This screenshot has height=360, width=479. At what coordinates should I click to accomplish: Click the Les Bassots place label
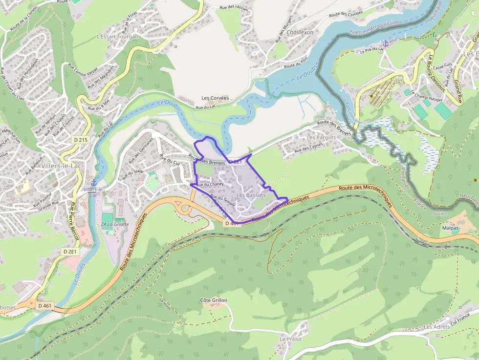click(x=251, y=195)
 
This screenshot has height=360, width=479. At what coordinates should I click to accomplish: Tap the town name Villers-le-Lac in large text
click(x=62, y=166)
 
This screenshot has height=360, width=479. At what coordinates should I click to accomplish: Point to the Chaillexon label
click(x=300, y=32)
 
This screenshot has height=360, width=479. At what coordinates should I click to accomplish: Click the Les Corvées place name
click(x=215, y=98)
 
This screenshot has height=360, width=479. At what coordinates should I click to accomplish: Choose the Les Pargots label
click(x=321, y=137)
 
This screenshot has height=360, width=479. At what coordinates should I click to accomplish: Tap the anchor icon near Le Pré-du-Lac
click(x=385, y=43)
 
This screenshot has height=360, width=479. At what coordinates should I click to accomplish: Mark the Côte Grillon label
click(x=214, y=300)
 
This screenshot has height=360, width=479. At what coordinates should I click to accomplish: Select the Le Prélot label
click(x=291, y=339)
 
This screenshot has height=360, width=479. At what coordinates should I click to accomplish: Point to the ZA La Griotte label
click(x=115, y=224)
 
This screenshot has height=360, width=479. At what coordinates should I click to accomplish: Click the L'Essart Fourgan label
click(x=117, y=37)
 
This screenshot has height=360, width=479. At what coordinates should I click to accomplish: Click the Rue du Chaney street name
click(x=210, y=184)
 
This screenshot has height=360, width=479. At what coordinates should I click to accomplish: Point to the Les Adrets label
click(x=436, y=327)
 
